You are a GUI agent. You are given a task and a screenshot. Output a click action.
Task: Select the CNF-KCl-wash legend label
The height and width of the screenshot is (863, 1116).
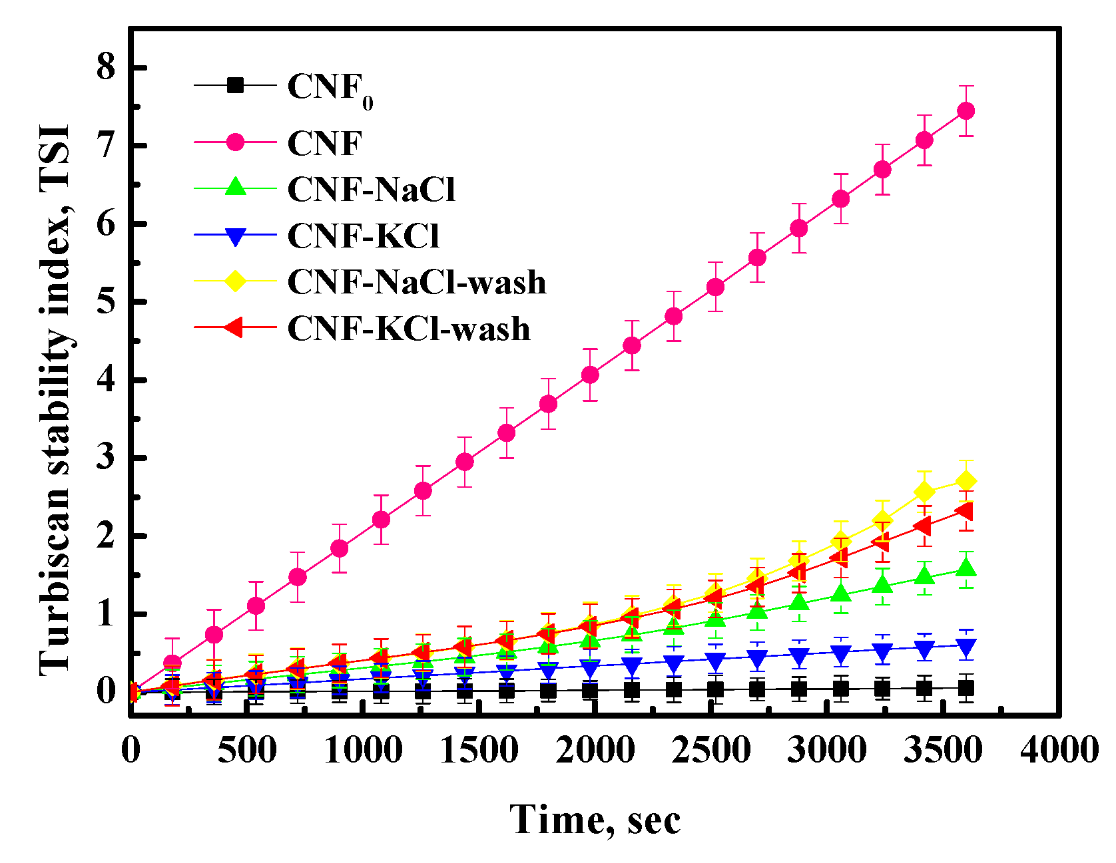tap(408, 329)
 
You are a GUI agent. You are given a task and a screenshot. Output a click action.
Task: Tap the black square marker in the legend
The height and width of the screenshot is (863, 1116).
tap(235, 85)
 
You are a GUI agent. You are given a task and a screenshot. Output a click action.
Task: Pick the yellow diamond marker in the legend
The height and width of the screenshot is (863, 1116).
tap(235, 281)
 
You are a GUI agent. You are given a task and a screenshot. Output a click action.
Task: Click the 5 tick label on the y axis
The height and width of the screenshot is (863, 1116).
tap(107, 301)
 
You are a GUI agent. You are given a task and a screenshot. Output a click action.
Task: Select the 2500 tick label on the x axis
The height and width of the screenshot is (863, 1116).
tap(710, 751)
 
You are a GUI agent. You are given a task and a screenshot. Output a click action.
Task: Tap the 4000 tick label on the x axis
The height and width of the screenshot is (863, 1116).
tap(1058, 751)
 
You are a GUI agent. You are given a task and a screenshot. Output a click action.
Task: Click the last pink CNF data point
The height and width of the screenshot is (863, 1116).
tap(966, 110)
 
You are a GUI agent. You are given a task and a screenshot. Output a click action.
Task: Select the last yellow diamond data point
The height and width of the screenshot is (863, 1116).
tap(966, 481)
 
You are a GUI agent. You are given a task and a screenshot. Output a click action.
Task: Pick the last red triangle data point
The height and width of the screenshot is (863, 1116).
tap(964, 511)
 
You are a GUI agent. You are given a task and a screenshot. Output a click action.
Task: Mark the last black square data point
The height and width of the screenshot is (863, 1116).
tap(966, 688)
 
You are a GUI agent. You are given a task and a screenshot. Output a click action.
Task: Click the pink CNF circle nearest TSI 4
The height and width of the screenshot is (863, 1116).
tap(589, 375)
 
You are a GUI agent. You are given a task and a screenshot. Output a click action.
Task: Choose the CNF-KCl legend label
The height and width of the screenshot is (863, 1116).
tap(363, 236)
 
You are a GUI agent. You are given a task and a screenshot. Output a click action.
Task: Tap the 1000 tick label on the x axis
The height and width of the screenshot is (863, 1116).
tap(363, 751)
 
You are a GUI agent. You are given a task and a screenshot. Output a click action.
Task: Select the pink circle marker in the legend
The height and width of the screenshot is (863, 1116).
tap(235, 142)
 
